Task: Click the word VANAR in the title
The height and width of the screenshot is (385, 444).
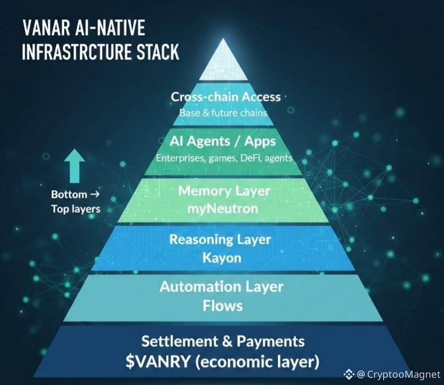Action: point(46,28)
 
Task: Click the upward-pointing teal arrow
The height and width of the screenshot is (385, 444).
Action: point(74,166)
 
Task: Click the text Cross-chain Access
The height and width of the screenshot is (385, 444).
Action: point(226,97)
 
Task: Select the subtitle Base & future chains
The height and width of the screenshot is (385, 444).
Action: point(223,113)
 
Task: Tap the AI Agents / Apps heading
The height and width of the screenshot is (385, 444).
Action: point(223,141)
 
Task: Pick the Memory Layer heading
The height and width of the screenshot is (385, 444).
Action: point(224,191)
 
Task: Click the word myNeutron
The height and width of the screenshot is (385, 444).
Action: point(222,209)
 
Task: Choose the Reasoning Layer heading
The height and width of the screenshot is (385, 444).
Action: point(220,240)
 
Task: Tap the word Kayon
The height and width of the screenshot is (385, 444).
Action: point(222,258)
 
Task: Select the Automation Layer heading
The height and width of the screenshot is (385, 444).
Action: point(221,287)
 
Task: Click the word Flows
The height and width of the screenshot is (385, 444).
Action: point(222,306)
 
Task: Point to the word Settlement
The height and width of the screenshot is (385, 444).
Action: point(180,341)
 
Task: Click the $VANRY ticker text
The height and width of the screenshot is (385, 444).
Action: point(158,362)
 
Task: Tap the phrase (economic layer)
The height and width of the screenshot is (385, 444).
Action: point(257,362)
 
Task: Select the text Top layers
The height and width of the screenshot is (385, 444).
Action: point(76,209)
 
